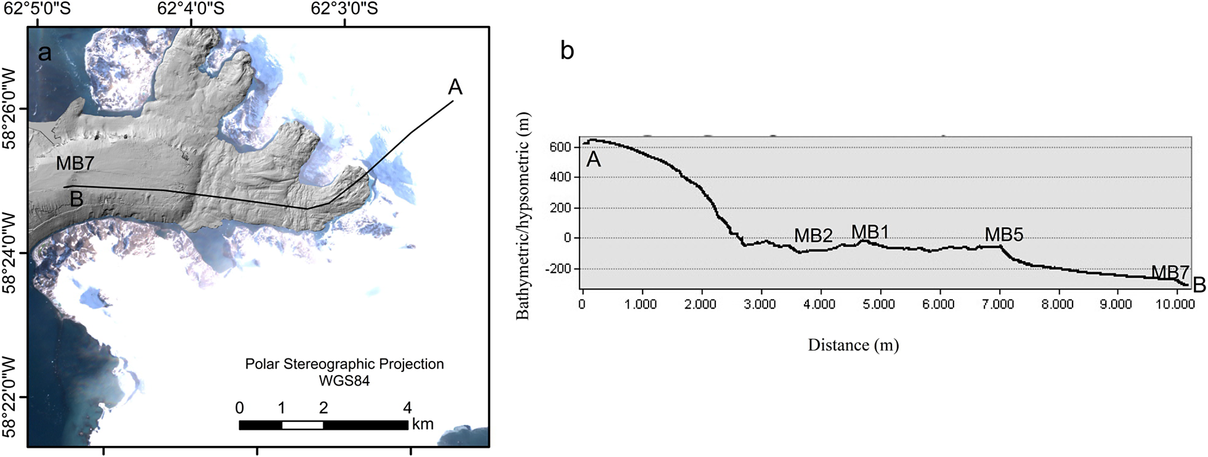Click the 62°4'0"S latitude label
[x=191, y=8]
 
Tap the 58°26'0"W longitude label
[x=10, y=108]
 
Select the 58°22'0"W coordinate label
[x=10, y=397]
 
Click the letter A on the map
[x=455, y=87]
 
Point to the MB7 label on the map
[x=75, y=163]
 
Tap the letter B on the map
[x=76, y=199]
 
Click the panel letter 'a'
[x=45, y=53]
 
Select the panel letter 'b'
[x=567, y=51]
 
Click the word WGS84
[x=344, y=381]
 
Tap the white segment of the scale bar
[x=303, y=425]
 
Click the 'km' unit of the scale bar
[x=423, y=424]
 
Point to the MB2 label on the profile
[x=813, y=236]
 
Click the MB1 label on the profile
[x=870, y=232]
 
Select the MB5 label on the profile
[x=1004, y=235]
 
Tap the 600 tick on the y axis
[x=561, y=147]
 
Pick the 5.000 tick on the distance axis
[x=880, y=305]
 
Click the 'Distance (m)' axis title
[x=853, y=345]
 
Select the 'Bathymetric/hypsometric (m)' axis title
[x=522, y=216]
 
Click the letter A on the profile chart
[x=593, y=159]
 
